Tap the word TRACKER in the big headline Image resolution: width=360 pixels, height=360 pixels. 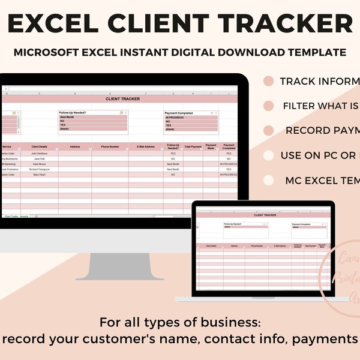pos(287,23)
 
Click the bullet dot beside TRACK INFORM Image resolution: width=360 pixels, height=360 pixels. pos(269,81)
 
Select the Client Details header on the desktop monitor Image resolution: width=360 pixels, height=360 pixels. pos(39,146)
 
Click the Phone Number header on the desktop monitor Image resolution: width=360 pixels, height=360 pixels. pos(110,146)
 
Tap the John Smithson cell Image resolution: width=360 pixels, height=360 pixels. pos(39,153)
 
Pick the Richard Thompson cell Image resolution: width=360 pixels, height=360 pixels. pos(39,169)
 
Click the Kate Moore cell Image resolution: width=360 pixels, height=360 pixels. pos(39,164)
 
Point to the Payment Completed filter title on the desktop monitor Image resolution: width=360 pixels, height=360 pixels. pos(179,113)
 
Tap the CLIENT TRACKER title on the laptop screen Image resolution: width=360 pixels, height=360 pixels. pos(262,214)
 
